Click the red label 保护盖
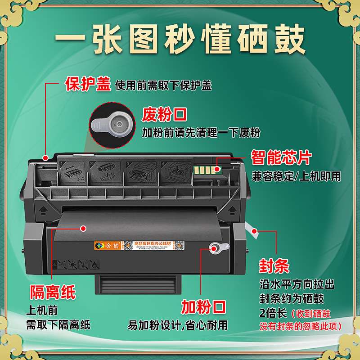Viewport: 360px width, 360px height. coord(88,84)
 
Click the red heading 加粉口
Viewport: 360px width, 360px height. coord(203,307)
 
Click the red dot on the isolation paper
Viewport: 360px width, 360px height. coord(83,229)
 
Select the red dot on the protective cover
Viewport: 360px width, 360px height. coord(45,157)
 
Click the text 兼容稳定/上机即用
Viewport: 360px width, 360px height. coord(296,176)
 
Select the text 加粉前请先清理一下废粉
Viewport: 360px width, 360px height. coord(201,133)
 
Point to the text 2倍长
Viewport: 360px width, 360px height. coord(273,313)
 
